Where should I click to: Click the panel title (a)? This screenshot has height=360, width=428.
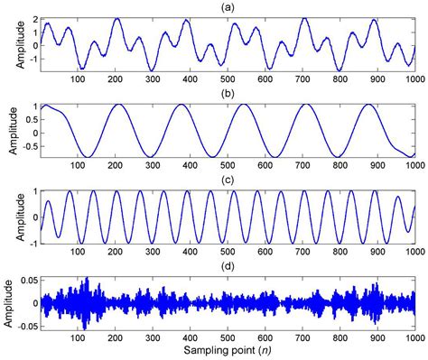(x=228, y=6)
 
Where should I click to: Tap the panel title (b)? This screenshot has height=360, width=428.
(x=228, y=93)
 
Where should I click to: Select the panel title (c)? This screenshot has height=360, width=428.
(x=228, y=180)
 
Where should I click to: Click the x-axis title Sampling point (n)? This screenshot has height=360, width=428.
(x=228, y=347)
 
